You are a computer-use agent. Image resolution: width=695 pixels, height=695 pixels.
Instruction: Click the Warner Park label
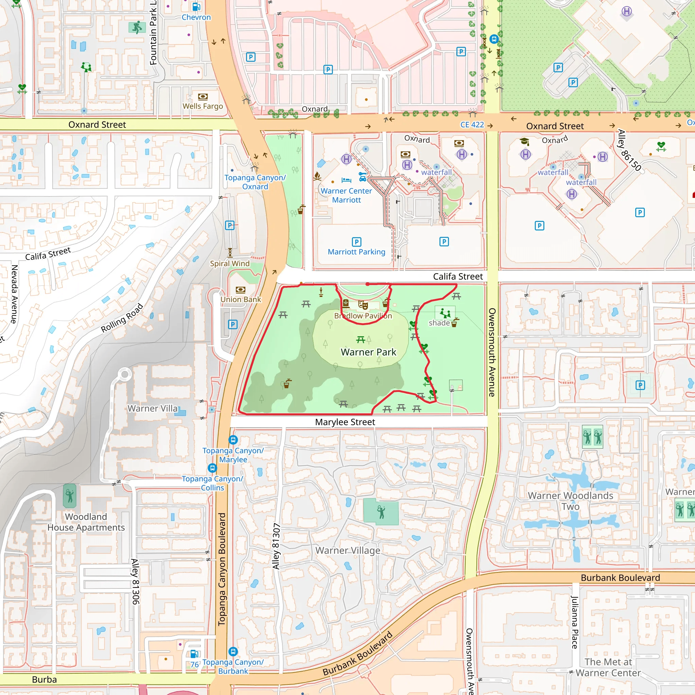[368, 352]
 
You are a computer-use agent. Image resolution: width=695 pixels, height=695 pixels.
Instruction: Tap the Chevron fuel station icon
[196, 7]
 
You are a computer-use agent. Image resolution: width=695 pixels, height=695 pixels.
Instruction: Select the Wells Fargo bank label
[203, 106]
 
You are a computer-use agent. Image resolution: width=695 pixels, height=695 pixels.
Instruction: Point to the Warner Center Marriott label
[346, 195]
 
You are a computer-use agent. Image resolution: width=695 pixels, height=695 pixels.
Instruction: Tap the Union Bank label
[241, 299]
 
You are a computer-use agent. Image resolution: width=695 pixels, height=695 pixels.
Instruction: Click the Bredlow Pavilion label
[363, 316]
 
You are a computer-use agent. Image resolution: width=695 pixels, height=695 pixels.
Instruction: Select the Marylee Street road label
[345, 422]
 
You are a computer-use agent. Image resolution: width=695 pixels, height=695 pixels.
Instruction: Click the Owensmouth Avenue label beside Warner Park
[492, 352]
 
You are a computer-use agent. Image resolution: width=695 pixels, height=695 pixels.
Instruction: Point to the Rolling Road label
[122, 318]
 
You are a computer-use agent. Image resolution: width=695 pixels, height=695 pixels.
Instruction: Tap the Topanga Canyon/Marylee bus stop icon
[233, 439]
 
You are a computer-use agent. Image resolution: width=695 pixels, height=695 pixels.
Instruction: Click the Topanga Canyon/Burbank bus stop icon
[233, 652]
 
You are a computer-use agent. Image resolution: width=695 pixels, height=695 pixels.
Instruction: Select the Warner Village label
[347, 550]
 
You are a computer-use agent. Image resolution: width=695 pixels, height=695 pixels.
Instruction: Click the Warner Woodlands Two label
[570, 501]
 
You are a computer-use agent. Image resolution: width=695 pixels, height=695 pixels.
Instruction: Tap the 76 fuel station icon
[194, 654]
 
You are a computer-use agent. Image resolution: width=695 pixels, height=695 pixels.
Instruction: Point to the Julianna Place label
[575, 622]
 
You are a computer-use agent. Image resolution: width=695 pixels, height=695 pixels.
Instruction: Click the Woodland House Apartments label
[86, 522]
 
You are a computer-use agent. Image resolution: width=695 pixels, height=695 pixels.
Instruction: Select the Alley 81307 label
[276, 546]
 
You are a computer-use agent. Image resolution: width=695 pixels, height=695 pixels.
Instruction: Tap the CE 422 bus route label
[472, 125]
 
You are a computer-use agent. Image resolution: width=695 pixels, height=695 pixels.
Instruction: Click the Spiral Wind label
[229, 263]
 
